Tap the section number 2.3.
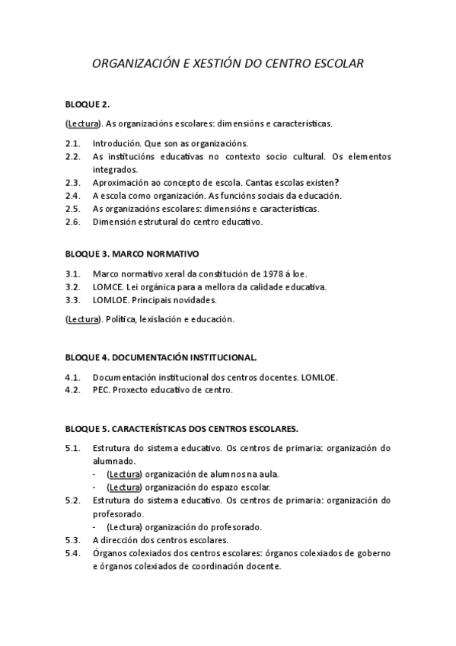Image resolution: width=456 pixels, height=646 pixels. coord(73,183)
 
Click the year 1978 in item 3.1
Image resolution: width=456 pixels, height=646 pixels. coord(275,273)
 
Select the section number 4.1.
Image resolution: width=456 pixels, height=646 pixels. coord(73,377)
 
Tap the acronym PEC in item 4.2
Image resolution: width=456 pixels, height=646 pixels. coord(100,390)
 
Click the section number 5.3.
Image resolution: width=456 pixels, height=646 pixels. coord(73,540)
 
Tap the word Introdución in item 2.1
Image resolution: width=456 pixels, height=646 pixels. coord(116,143)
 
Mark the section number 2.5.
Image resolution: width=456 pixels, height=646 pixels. coord(73,209)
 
